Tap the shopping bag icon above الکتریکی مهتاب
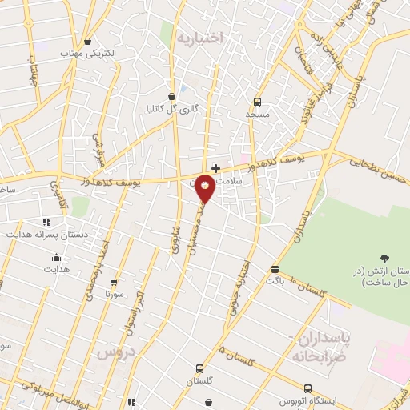pyautogui.click(x=87, y=42)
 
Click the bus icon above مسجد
pyautogui.click(x=257, y=102)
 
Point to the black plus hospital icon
pyautogui.click(x=215, y=168)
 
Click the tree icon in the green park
pyautogui.click(x=385, y=258)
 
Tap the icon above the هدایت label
pyautogui.click(x=56, y=258)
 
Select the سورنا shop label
pyautogui.click(x=115, y=294)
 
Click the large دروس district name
pyautogui.click(x=114, y=352)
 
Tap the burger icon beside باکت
pyautogui.click(x=275, y=270)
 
